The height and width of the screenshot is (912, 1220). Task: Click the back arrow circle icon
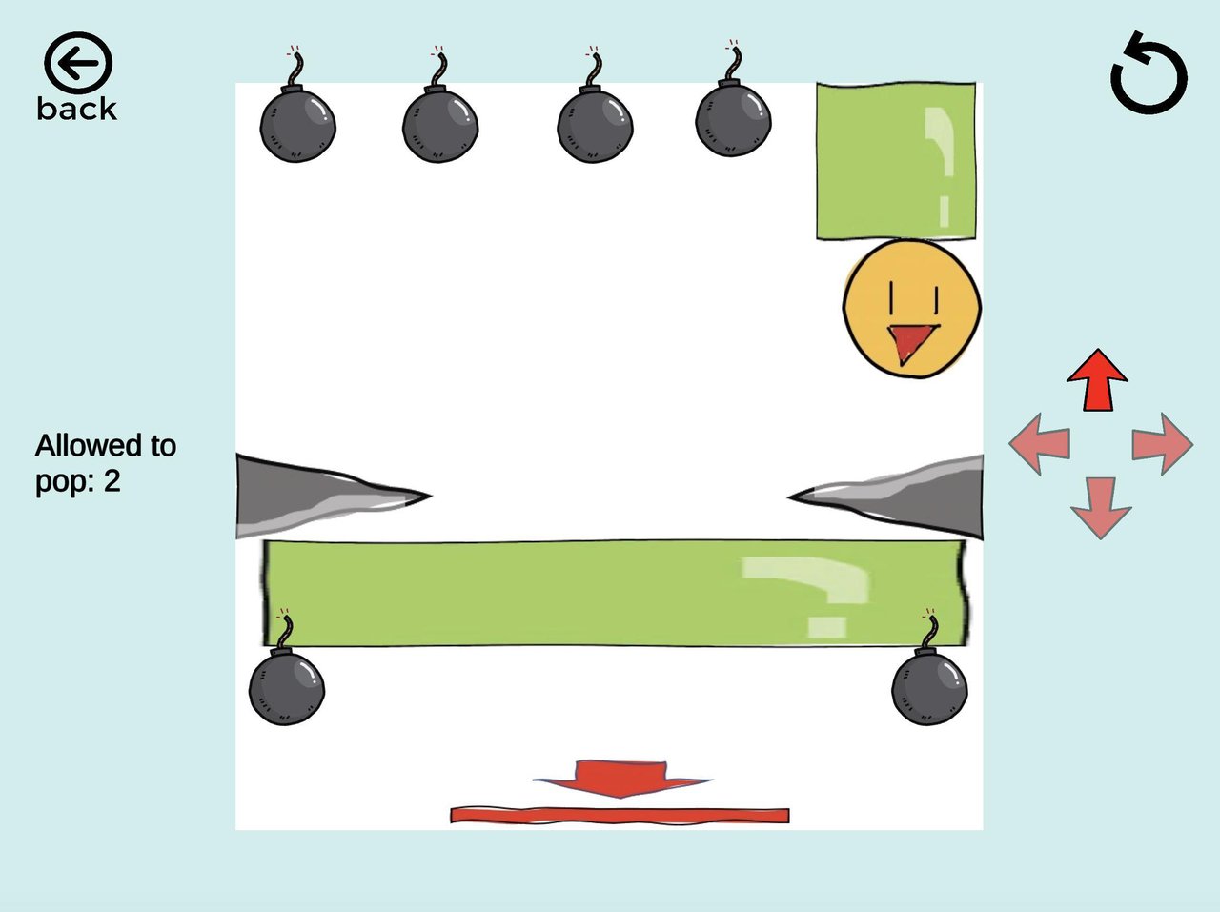click(77, 64)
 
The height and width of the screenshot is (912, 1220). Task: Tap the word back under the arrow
click(77, 109)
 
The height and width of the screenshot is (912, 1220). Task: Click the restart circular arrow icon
click(1149, 74)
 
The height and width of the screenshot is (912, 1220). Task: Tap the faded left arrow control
click(1040, 444)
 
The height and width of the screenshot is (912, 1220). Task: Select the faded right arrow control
click(1161, 444)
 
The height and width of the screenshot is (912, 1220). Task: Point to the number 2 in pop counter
click(112, 481)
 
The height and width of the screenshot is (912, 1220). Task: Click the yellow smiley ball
click(912, 307)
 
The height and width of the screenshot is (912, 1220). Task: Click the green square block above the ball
click(896, 160)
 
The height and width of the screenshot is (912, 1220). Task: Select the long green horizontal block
click(615, 593)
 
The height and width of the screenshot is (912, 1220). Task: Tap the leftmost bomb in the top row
click(297, 124)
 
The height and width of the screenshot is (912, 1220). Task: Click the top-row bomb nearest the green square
click(732, 119)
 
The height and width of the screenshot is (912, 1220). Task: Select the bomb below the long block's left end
click(286, 686)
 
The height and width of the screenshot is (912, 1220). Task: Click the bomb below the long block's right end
click(929, 686)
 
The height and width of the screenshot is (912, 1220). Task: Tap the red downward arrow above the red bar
click(621, 777)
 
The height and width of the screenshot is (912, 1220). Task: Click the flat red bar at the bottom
click(620, 816)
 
